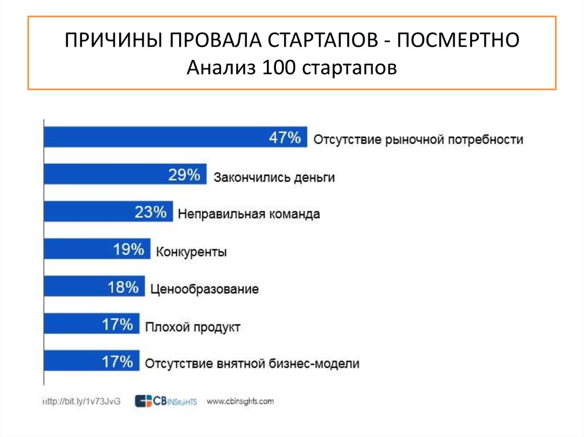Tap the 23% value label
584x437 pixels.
[x=151, y=213]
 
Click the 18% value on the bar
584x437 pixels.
[x=123, y=287]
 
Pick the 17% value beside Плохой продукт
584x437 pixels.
[x=117, y=325]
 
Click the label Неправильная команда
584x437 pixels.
[x=249, y=214]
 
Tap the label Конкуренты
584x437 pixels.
[x=191, y=252]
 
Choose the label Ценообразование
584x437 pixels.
[x=204, y=289]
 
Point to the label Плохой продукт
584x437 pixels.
[x=192, y=327]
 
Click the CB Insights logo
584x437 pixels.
[x=165, y=401]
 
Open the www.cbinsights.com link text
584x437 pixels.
[x=240, y=401]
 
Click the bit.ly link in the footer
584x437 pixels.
[x=83, y=402]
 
